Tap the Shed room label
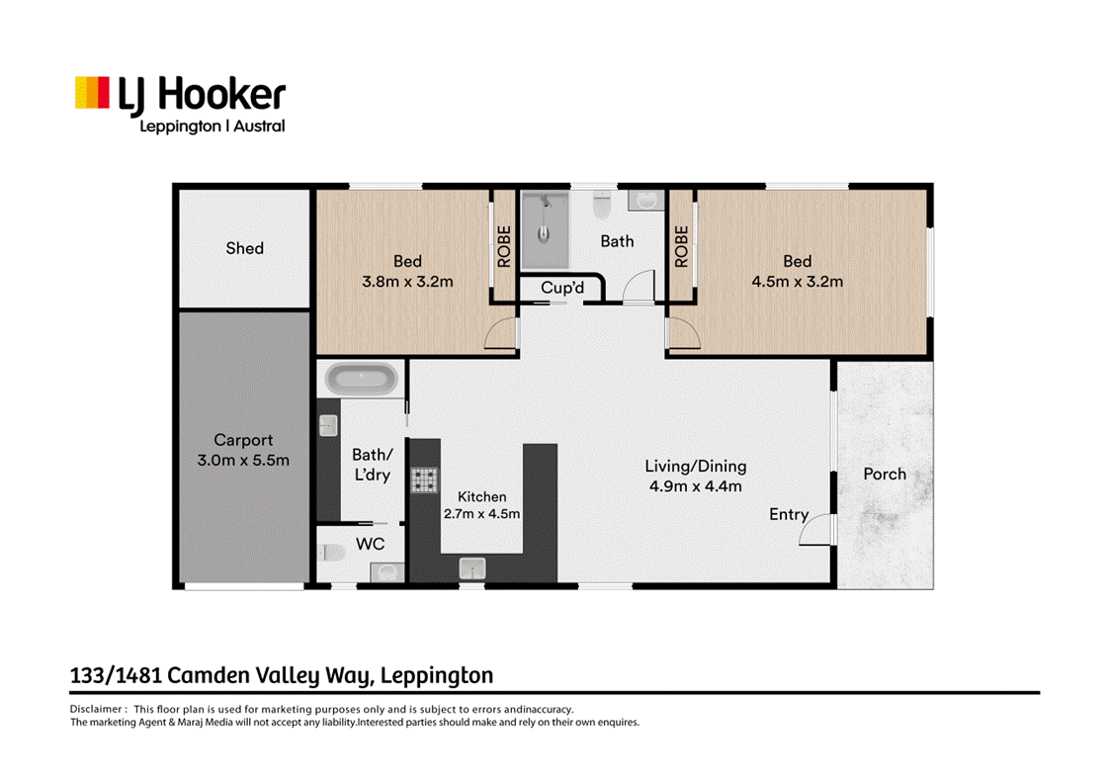[244, 248]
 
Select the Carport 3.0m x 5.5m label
[244, 450]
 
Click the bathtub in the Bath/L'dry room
[363, 379]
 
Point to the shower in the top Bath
[545, 229]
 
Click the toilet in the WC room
[331, 552]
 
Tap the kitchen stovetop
[425, 479]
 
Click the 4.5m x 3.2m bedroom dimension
[798, 281]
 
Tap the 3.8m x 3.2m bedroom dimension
[407, 281]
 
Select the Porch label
[885, 474]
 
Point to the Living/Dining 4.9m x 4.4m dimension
[696, 485]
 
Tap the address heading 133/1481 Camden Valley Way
[282, 676]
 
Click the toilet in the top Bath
[601, 207]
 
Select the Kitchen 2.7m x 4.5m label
[481, 505]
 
